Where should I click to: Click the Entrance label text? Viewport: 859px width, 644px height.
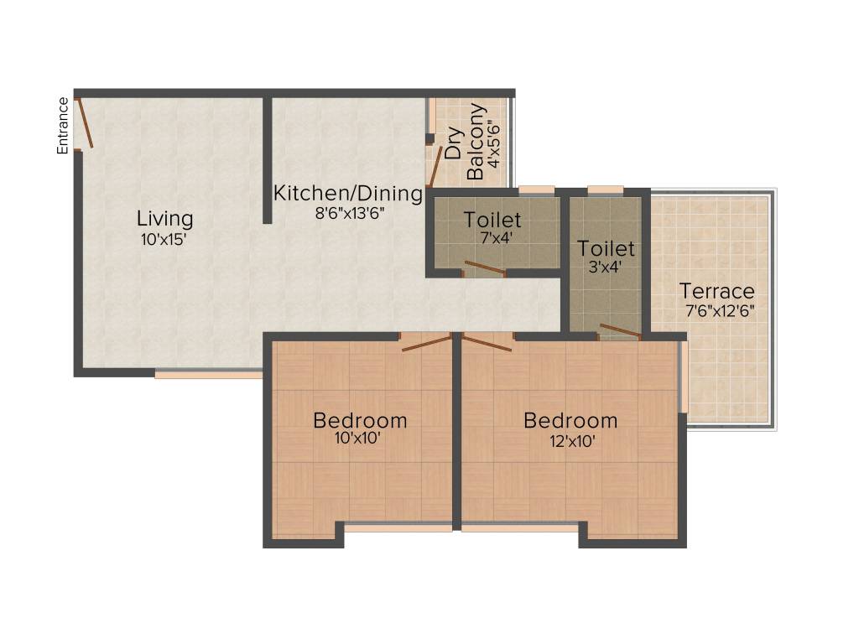click(63, 126)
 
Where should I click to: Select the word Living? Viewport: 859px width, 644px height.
click(165, 219)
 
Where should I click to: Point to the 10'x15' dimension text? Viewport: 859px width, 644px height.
click(164, 240)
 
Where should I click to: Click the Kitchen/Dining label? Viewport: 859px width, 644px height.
click(348, 194)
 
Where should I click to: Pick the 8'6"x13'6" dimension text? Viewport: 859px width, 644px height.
click(348, 213)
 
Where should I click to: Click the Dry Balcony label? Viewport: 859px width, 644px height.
click(465, 143)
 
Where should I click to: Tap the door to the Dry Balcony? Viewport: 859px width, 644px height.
click(435, 166)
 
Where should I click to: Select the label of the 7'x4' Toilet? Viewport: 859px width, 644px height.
click(492, 221)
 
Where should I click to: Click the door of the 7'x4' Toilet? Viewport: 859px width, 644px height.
click(485, 268)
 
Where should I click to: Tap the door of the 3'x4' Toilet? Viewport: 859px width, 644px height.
click(621, 330)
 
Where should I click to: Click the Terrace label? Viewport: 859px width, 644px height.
click(716, 292)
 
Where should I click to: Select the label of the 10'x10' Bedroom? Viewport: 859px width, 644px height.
click(360, 420)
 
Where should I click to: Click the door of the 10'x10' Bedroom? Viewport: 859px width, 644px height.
click(426, 342)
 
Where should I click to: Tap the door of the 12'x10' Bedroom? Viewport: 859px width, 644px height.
click(487, 342)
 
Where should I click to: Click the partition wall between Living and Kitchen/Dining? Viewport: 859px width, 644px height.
click(268, 159)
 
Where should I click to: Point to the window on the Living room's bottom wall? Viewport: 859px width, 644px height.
click(208, 374)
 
